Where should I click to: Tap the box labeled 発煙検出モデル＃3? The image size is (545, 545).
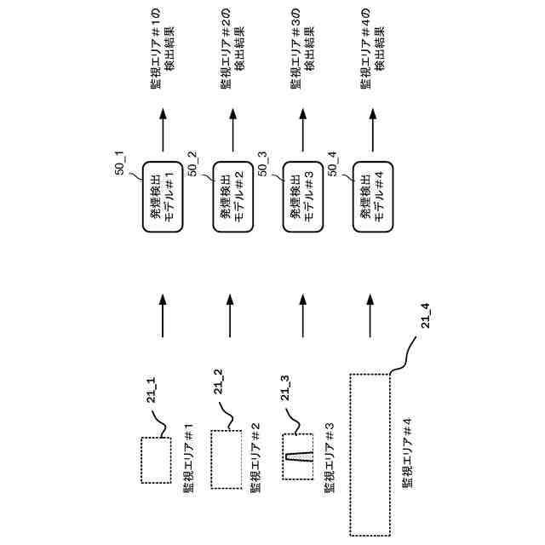pos(301,198)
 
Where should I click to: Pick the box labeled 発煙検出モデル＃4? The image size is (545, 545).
pos(371,198)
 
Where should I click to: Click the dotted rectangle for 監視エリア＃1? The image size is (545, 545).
pos(156,460)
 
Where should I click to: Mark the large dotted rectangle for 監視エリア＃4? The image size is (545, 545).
pos(370,453)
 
